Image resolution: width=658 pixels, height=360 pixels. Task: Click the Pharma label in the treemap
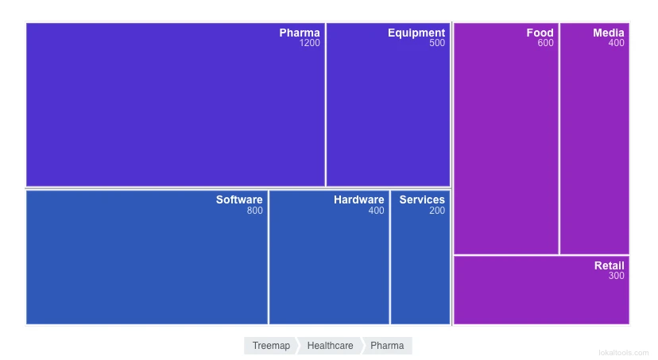click(300, 33)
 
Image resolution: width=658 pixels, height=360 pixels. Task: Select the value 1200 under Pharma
click(310, 44)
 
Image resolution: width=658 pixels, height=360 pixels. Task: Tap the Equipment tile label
click(416, 33)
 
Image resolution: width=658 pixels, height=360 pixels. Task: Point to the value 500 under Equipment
click(437, 44)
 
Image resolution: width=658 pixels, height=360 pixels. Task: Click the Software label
click(239, 200)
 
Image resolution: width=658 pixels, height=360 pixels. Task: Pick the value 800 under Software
click(254, 211)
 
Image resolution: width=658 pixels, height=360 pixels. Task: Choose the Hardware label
click(358, 200)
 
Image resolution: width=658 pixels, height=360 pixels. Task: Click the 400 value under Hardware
click(376, 211)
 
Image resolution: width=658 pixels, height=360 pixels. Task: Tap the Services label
click(422, 200)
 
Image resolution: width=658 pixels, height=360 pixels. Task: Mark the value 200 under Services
click(437, 211)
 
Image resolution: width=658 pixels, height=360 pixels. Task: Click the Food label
click(540, 33)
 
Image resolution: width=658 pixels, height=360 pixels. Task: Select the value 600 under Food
click(545, 44)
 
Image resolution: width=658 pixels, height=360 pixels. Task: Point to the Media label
click(609, 33)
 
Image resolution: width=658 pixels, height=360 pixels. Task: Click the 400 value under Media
click(617, 44)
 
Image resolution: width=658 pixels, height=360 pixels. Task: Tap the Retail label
click(610, 266)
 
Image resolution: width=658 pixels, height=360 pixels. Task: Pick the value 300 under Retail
click(617, 277)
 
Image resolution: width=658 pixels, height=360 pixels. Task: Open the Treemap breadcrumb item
click(271, 346)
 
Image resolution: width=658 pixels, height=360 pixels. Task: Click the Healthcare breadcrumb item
click(330, 346)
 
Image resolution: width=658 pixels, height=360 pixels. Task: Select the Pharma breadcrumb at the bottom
click(387, 346)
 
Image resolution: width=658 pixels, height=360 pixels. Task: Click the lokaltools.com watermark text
click(624, 352)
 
